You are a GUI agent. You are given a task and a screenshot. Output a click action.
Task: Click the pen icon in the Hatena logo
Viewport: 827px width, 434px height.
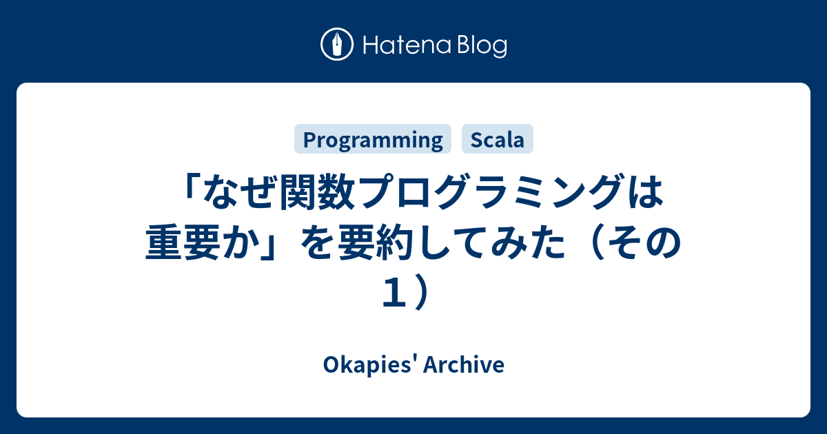pyautogui.click(x=337, y=45)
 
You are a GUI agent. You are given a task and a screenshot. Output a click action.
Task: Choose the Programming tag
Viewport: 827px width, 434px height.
pyautogui.click(x=373, y=140)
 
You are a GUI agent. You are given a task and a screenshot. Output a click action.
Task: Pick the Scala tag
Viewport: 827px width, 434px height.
pyautogui.click(x=498, y=140)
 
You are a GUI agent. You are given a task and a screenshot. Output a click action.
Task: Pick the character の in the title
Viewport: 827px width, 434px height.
pyautogui.click(x=665, y=245)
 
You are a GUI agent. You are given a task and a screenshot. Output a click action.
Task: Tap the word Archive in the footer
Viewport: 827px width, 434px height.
pyautogui.click(x=467, y=365)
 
